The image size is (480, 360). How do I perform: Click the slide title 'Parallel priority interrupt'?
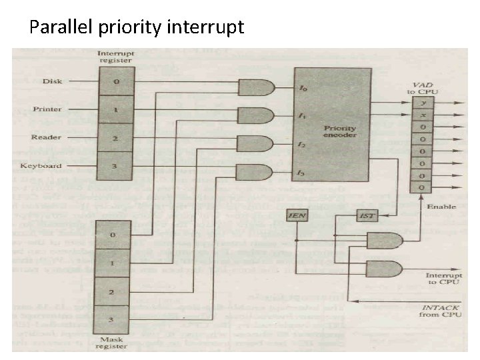(137, 27)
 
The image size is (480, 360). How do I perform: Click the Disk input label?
(52, 81)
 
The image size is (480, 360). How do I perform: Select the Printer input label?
(47, 109)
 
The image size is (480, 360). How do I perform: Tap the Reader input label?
(47, 137)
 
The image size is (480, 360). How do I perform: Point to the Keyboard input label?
(41, 166)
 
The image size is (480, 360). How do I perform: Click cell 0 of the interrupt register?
(115, 81)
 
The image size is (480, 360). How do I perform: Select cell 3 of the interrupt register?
(115, 166)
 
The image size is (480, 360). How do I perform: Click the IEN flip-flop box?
(297, 216)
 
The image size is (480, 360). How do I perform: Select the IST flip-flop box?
(366, 216)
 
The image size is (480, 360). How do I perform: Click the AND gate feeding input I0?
(255, 87)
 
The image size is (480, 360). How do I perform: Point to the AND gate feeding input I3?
(255, 173)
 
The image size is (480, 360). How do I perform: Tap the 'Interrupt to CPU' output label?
(441, 278)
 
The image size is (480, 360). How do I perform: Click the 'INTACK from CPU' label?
(440, 310)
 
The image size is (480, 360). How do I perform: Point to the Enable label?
(441, 207)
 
